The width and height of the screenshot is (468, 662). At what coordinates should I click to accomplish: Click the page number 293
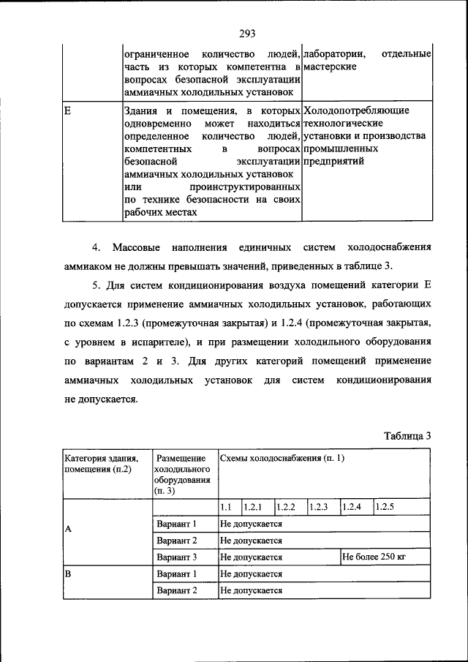click(245, 31)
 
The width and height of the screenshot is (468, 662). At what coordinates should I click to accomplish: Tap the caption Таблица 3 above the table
click(407, 435)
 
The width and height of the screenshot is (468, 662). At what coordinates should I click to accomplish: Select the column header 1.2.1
click(253, 506)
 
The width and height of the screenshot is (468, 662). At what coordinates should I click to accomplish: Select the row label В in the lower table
click(67, 574)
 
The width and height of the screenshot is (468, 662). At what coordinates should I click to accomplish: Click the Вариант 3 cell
click(177, 557)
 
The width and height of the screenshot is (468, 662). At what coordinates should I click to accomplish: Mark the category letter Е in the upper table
click(67, 110)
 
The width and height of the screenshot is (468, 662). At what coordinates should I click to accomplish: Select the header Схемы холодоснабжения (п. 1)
click(282, 458)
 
